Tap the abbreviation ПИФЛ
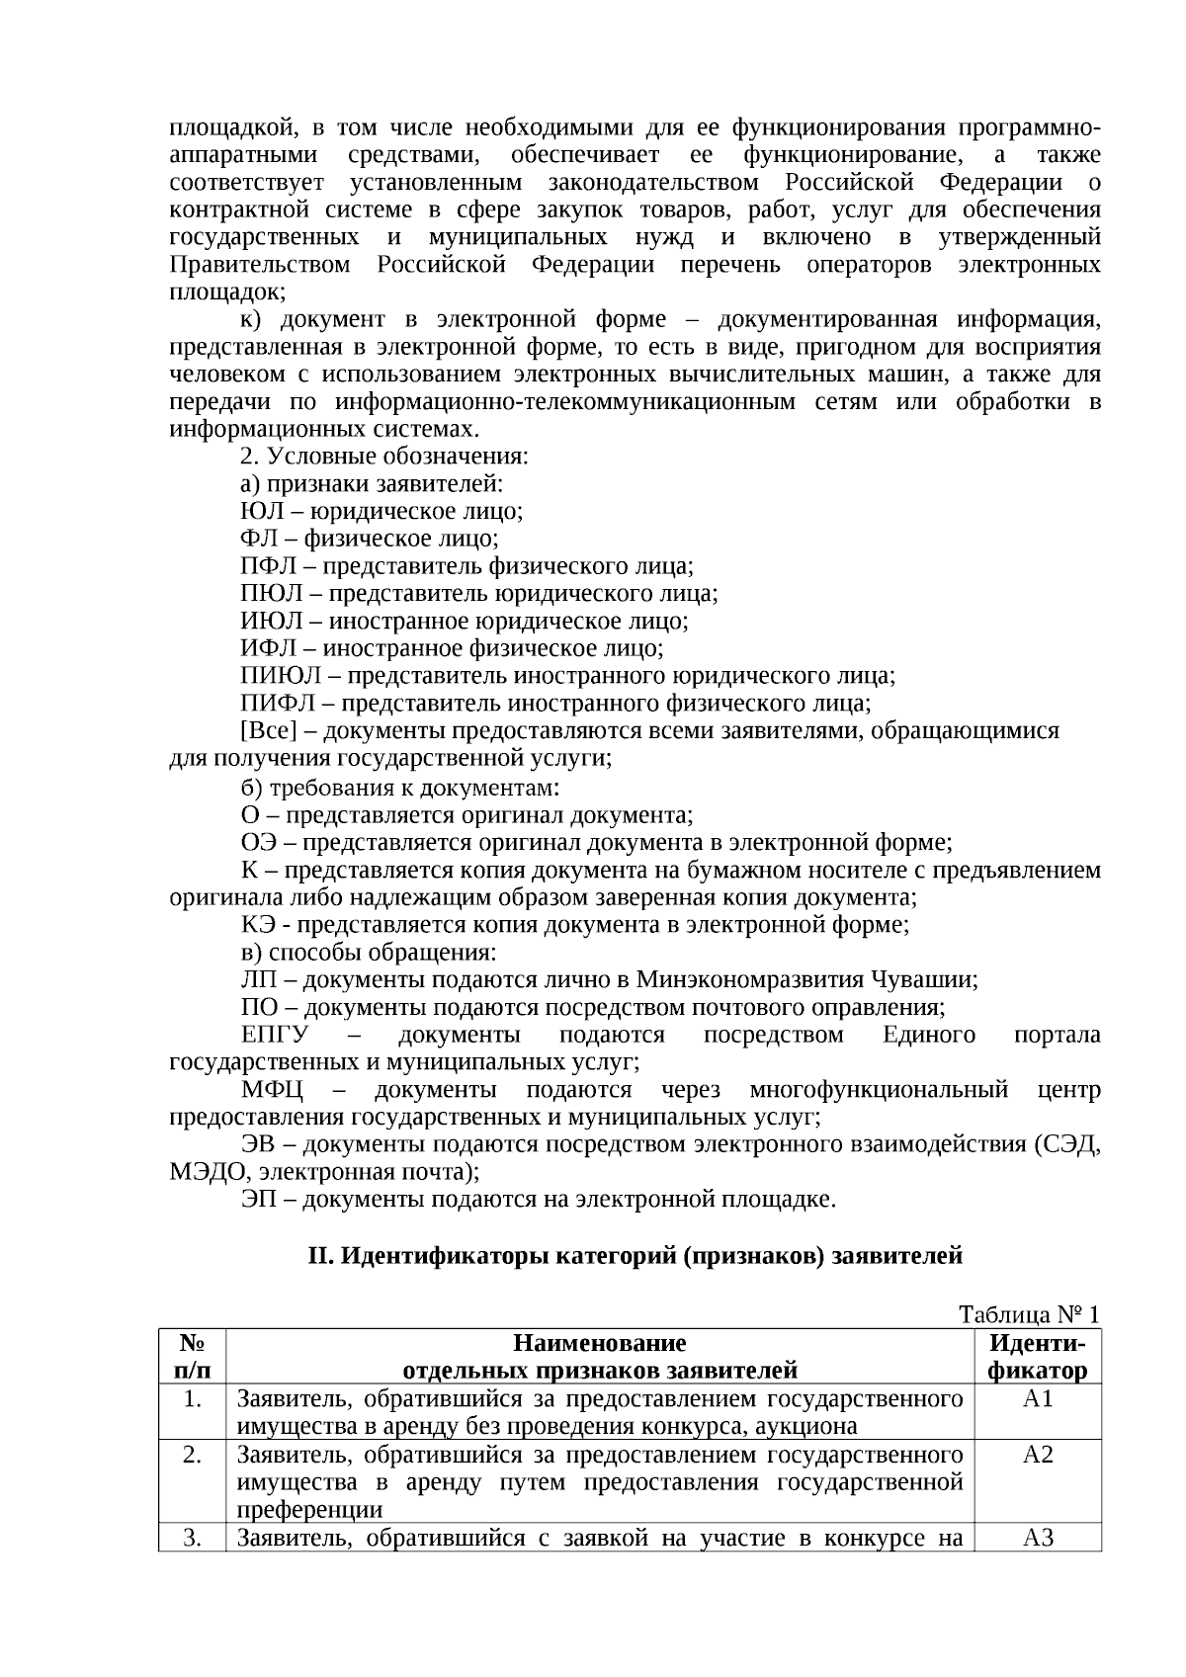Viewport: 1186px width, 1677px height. [x=278, y=704]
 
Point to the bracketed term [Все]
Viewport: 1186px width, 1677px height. [x=268, y=731]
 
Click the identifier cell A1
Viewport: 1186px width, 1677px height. [x=1038, y=1398]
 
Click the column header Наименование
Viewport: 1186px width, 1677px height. [x=599, y=1343]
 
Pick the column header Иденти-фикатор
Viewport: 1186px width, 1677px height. [x=1038, y=1357]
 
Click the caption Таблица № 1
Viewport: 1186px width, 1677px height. [x=1029, y=1314]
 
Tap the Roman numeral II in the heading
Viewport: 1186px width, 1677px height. [x=317, y=1256]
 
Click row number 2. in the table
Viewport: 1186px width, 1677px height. [x=193, y=1455]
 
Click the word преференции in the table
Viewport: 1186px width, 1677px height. [x=309, y=1510]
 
